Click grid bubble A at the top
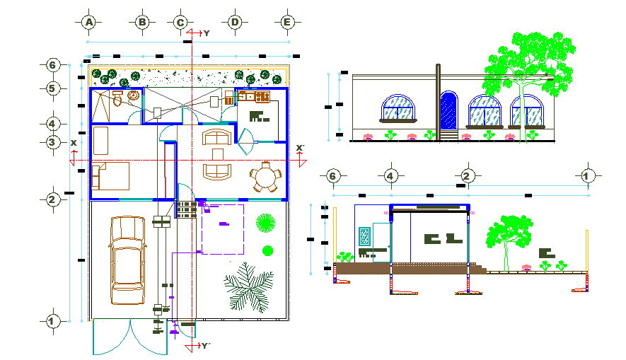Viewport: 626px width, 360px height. (89, 23)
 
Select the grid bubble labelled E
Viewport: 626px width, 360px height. (287, 23)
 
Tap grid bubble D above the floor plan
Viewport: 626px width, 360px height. (235, 23)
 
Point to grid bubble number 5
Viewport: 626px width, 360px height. (52, 88)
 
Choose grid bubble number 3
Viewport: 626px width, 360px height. (52, 142)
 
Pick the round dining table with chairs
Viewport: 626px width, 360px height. (265, 177)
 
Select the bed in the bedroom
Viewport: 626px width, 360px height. (110, 176)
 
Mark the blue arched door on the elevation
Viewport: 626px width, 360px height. (448, 111)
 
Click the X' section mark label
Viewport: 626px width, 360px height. (300, 148)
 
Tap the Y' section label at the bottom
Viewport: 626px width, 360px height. (204, 346)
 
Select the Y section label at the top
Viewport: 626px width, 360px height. (207, 33)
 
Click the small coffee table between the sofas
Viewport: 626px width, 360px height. (218, 153)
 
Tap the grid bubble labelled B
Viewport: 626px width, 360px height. (142, 23)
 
